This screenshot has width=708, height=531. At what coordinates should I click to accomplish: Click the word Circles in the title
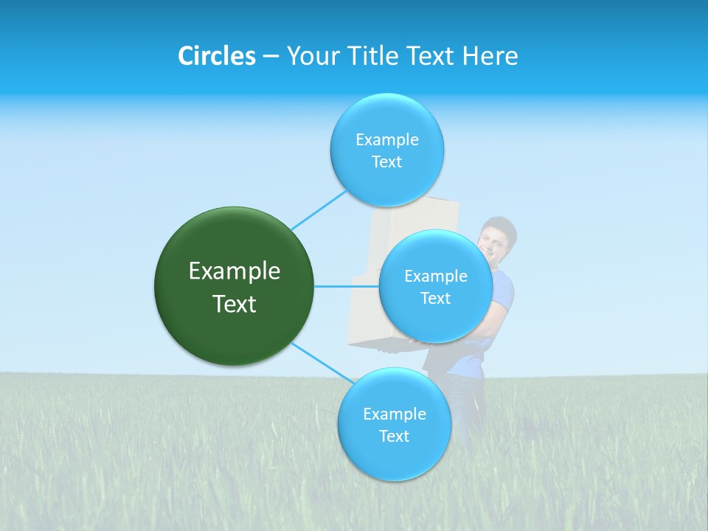pos(217,56)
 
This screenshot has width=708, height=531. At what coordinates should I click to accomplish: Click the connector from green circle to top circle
pos(319,210)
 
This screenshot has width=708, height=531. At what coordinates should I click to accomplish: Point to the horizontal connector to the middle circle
pos(346,286)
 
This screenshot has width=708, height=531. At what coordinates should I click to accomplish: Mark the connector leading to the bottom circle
pos(322,363)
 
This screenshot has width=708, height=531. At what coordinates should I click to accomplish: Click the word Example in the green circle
pos(234,271)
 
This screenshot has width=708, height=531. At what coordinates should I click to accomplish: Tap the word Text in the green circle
pos(234,304)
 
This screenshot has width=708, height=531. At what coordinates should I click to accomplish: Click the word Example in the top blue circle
pos(386,140)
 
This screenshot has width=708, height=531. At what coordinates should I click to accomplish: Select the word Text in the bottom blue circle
pos(394,436)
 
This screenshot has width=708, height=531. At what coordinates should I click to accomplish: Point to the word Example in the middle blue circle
pos(435,277)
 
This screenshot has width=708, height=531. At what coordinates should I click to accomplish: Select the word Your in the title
pos(310,56)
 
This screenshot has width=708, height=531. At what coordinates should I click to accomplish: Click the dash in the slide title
pos(271,57)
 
